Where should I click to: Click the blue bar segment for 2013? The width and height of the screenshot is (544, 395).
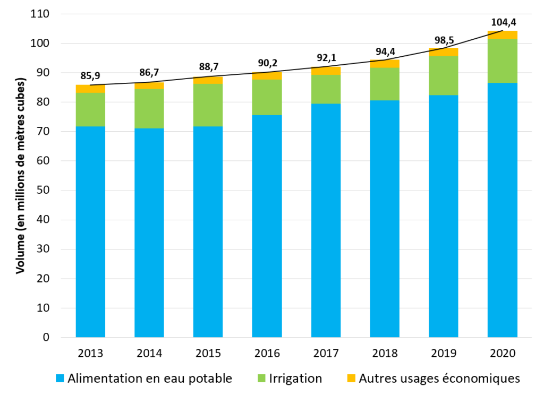click(x=90, y=231)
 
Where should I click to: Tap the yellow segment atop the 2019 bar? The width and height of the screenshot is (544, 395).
click(x=444, y=52)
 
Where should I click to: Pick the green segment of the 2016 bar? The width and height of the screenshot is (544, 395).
click(x=267, y=97)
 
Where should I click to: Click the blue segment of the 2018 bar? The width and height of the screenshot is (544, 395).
click(x=385, y=219)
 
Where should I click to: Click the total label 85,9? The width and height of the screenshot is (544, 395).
click(x=90, y=76)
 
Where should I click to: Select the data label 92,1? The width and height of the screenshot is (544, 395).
click(x=325, y=58)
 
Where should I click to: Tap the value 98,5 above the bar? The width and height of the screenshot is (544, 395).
click(x=444, y=39)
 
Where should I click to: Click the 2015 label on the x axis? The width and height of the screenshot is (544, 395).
click(x=208, y=353)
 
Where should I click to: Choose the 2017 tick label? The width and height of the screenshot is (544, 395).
click(x=326, y=353)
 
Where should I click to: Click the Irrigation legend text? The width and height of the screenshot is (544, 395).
click(x=295, y=379)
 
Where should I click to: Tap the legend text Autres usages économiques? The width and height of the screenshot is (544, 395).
click(x=439, y=379)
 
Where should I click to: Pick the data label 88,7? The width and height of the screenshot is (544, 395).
click(x=208, y=67)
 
